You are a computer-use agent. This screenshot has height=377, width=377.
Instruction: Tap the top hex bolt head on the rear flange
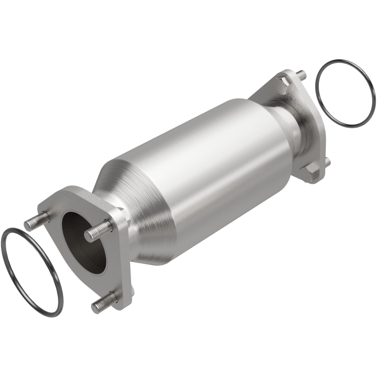283,84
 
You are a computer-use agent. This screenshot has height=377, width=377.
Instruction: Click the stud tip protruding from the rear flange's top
301,74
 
